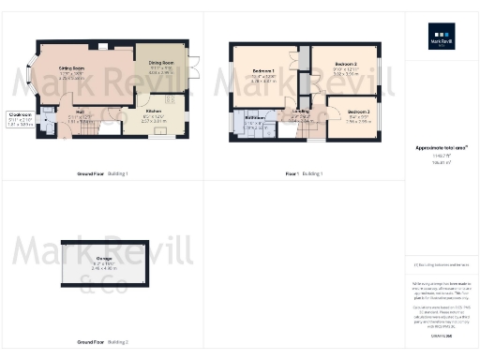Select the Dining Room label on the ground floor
tap(161, 64)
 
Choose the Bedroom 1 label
tap(262, 71)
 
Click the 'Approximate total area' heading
tap(441, 149)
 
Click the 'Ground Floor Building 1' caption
tap(102, 174)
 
